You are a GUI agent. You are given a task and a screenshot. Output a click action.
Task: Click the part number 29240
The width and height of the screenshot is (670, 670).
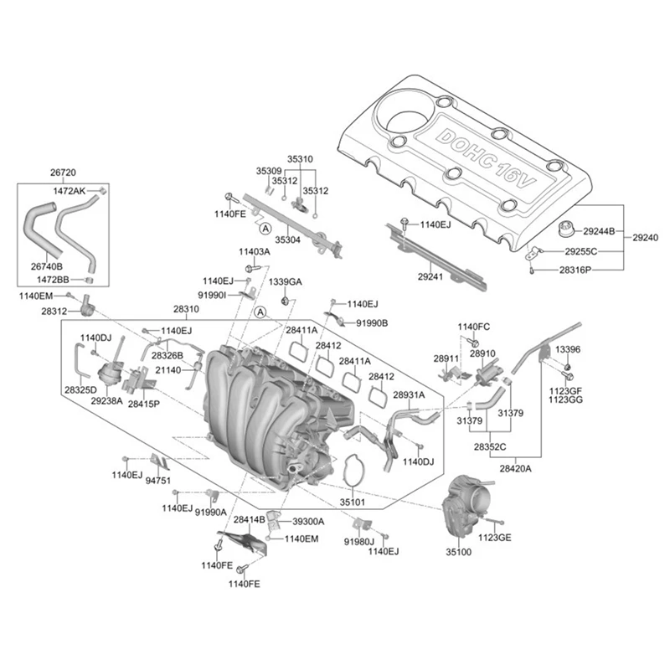[x=645, y=238]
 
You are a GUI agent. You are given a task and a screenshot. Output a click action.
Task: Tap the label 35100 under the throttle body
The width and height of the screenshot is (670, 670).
[x=458, y=552]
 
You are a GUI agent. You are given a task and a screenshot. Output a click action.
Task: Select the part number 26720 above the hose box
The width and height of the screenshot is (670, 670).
[x=63, y=173]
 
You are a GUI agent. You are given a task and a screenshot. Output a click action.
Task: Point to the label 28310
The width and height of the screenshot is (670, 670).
[x=186, y=309]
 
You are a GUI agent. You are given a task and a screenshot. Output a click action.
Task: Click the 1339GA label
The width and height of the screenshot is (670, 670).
[x=285, y=282]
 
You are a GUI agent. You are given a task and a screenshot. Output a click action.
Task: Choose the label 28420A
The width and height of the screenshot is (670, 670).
[x=515, y=469]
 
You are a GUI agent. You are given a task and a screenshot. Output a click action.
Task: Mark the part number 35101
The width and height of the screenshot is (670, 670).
[x=353, y=502]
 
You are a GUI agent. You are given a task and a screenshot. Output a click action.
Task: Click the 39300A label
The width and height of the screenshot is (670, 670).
[x=308, y=522]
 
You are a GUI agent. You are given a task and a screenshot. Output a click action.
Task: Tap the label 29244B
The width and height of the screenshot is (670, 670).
[x=599, y=232]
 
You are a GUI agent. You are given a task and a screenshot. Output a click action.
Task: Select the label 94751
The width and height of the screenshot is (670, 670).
[x=158, y=481]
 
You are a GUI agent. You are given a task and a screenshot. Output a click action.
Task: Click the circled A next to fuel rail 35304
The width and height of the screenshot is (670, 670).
[x=265, y=229]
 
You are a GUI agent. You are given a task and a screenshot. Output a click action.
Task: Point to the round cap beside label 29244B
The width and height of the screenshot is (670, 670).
[x=569, y=229]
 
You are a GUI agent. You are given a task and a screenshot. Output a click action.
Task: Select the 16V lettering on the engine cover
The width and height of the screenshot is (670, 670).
[x=515, y=176]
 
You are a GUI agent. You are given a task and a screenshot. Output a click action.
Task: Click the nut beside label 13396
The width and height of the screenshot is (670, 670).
[x=568, y=367]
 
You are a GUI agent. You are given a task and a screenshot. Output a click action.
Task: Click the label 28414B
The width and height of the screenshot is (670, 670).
[x=249, y=520]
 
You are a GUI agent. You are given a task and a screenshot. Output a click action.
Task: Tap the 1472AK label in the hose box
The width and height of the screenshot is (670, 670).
[x=70, y=191]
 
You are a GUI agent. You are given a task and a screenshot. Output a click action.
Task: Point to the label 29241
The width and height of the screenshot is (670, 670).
[x=430, y=277]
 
